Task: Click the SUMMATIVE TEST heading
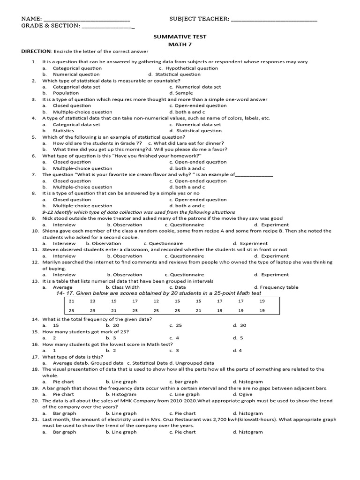(x=180, y=36)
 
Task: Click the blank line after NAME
(x=87, y=19)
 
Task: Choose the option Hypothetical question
(x=192, y=68)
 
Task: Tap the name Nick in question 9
(x=48, y=218)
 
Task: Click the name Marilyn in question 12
(x=52, y=262)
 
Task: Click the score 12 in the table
(x=156, y=301)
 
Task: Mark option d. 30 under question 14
(x=240, y=325)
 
